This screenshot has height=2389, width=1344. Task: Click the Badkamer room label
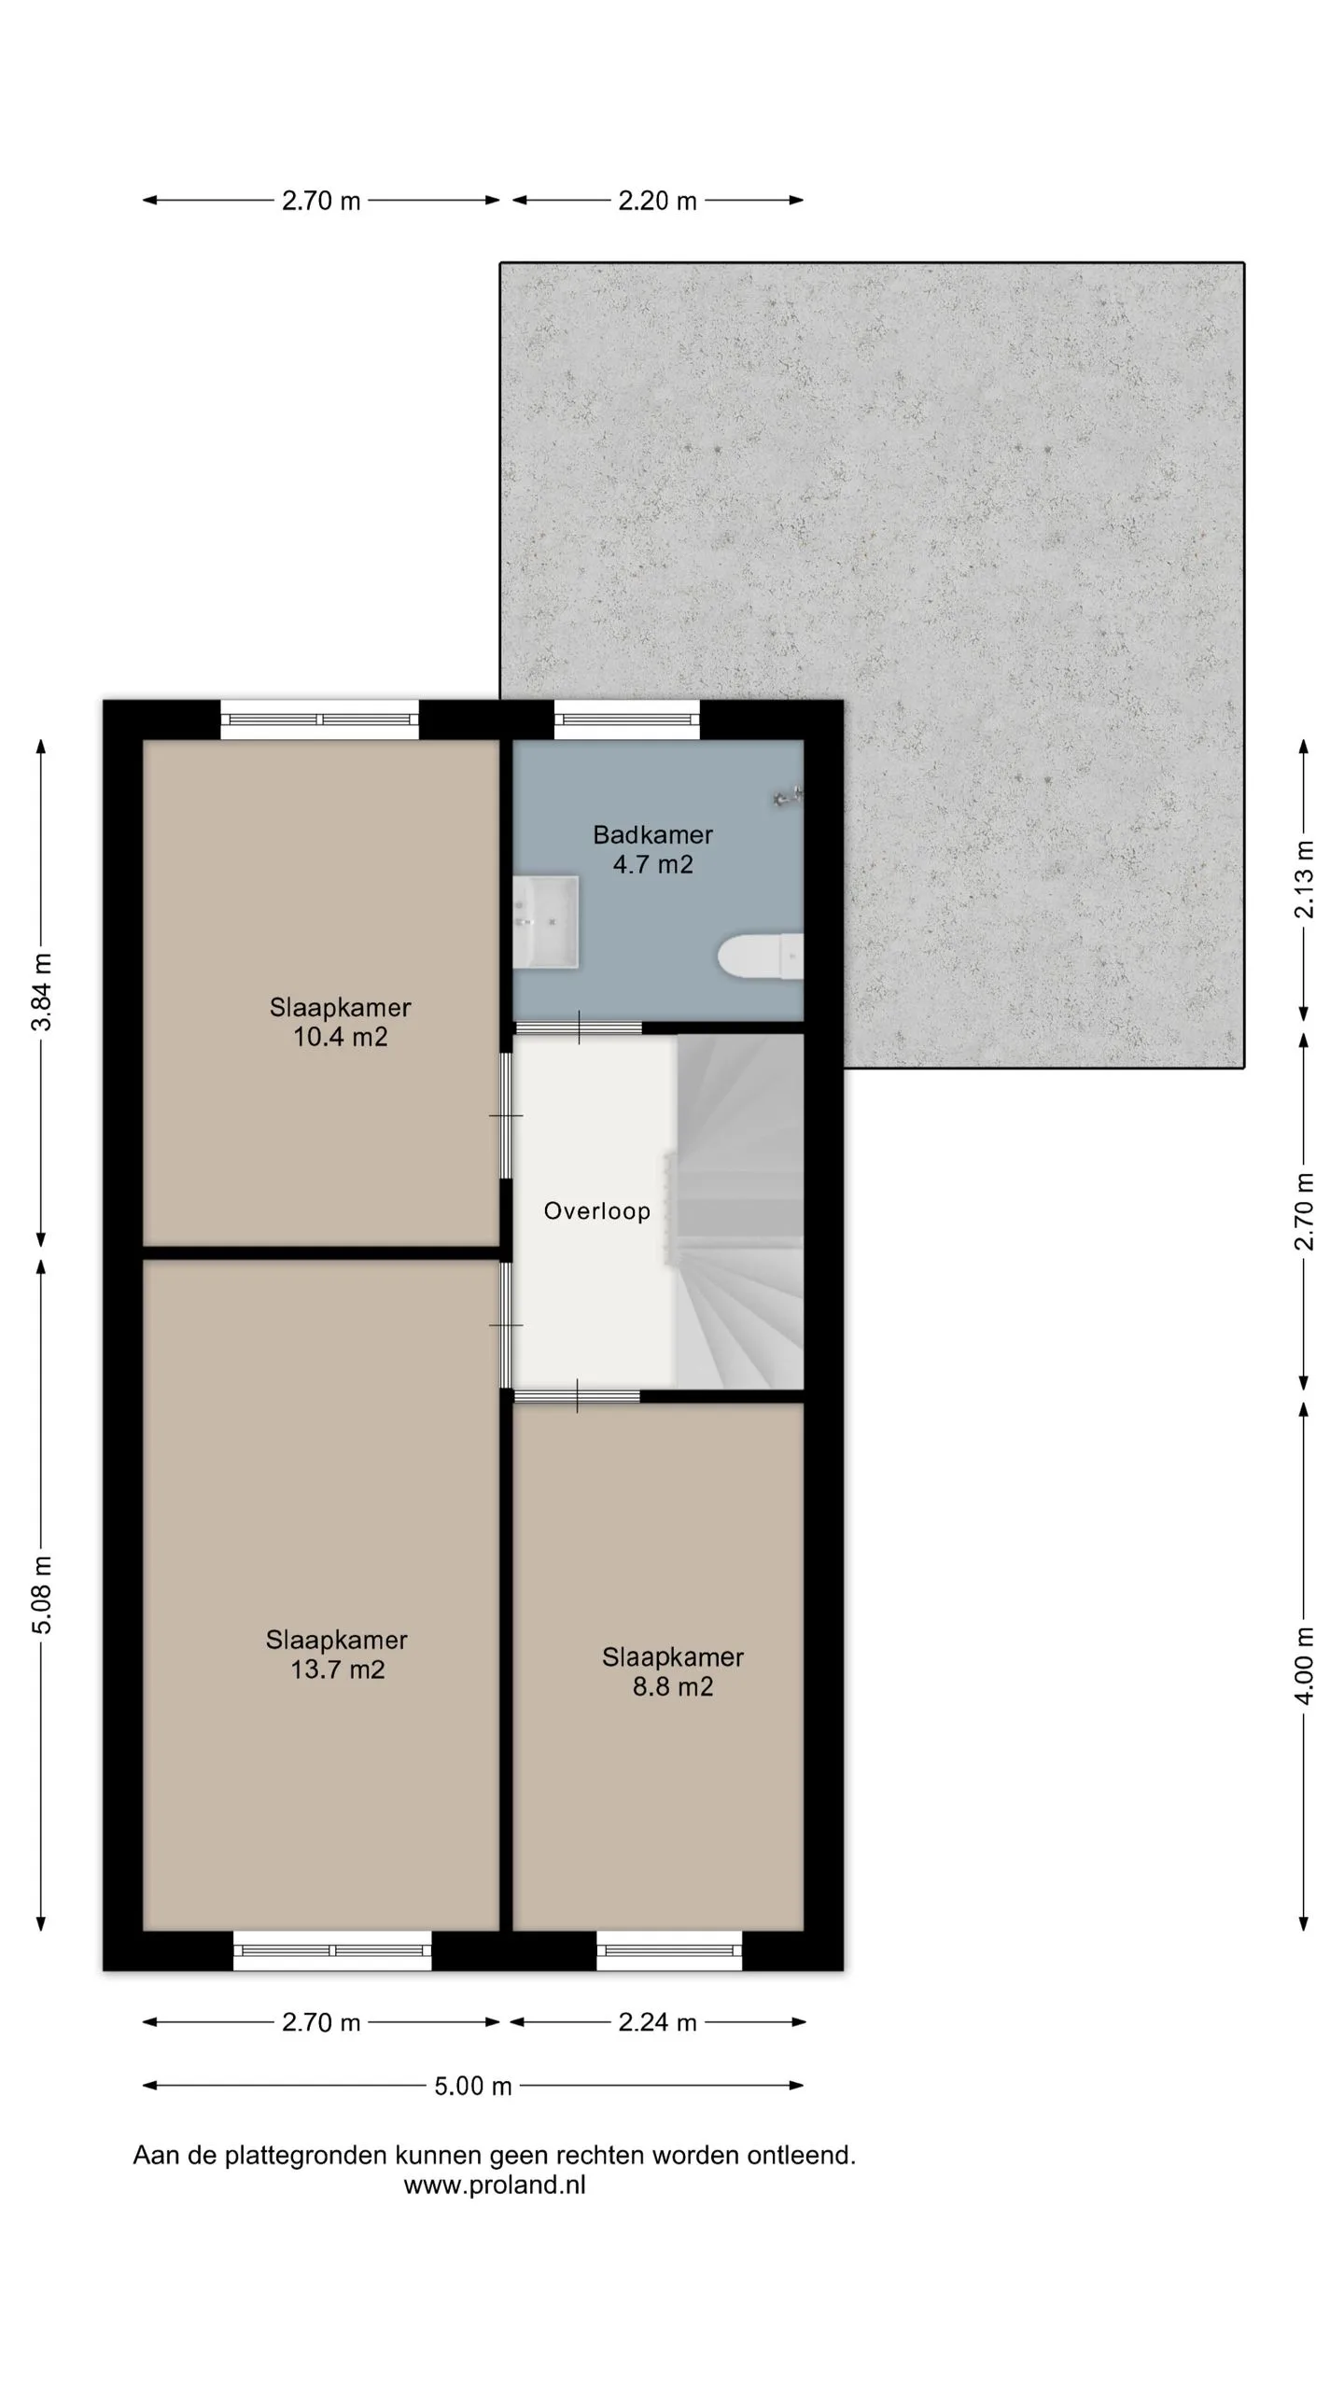click(x=652, y=834)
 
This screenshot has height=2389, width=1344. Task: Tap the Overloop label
click(x=596, y=1211)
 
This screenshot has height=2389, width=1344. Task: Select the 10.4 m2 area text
click(x=340, y=1037)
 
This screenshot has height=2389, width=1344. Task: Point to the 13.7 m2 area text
click(x=337, y=1670)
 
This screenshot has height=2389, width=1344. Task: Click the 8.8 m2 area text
click(x=672, y=1686)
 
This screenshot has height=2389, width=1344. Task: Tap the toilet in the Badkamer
click(x=761, y=957)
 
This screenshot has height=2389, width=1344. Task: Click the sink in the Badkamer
click(x=546, y=921)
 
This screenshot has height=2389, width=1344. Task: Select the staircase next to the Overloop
click(x=739, y=1211)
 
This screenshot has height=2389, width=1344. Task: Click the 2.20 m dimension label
click(x=657, y=201)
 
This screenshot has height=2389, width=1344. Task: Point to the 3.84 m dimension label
click(x=42, y=992)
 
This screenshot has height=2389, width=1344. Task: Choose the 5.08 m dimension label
click(x=42, y=1596)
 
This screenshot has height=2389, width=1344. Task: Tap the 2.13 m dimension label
click(x=1304, y=880)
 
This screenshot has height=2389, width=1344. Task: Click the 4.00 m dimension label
click(x=1304, y=1666)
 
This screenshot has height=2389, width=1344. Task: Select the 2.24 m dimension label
click(x=657, y=2022)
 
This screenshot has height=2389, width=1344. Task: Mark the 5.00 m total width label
click(x=472, y=2086)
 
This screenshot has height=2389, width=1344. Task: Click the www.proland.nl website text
click(x=495, y=2185)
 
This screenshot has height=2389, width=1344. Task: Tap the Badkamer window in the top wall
click(x=627, y=719)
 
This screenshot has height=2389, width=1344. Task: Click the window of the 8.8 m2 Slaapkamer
click(x=669, y=1950)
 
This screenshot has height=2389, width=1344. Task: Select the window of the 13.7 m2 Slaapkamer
click(x=332, y=1950)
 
